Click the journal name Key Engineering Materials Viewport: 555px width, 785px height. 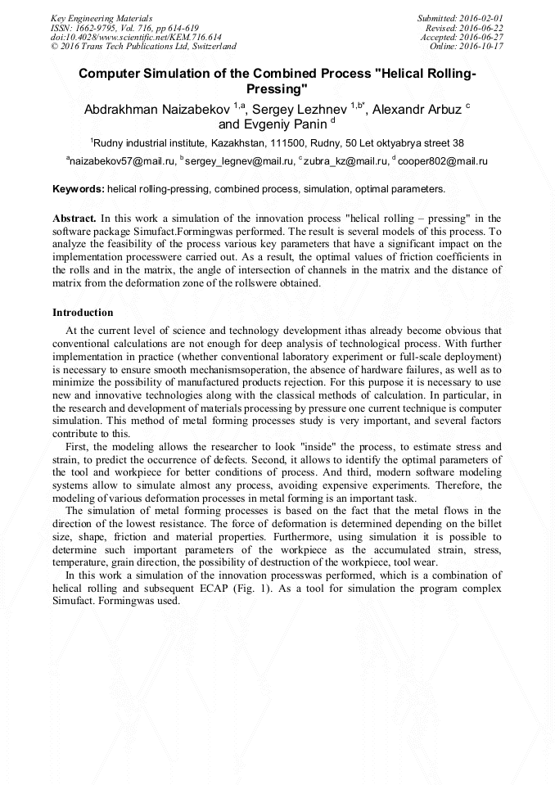[102, 18]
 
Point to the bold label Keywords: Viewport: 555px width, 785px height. [78, 189]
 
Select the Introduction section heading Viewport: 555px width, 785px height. [83, 313]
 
